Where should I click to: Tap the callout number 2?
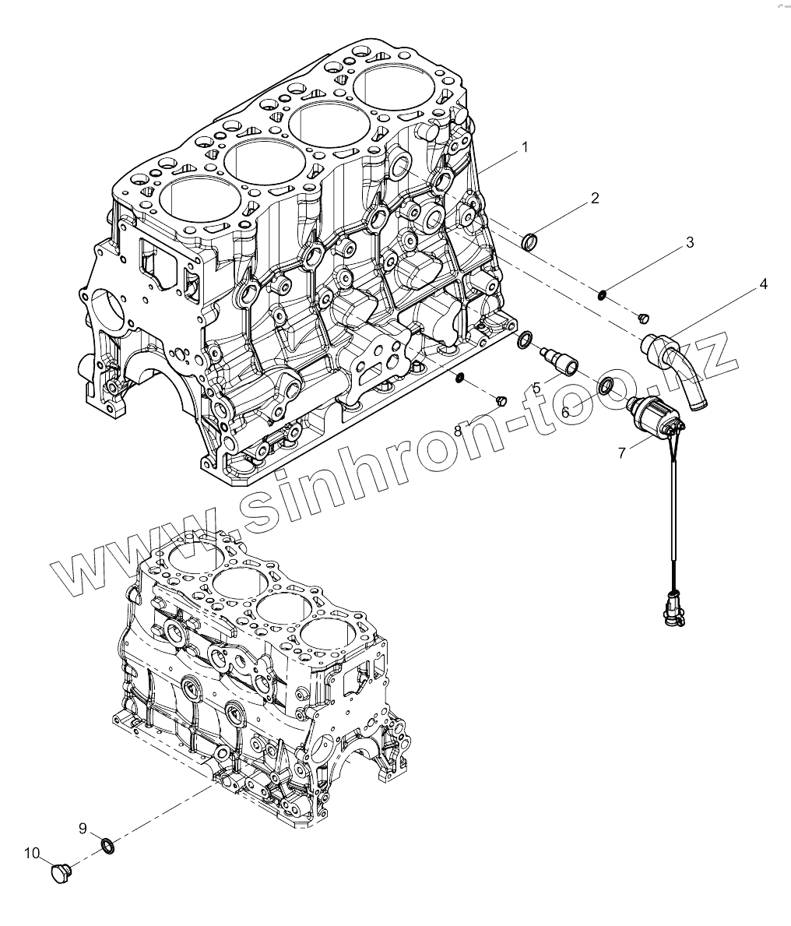pos(595,199)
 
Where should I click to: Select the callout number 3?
pos(690,243)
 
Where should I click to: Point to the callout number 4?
pos(763,284)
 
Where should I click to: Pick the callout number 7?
pos(621,452)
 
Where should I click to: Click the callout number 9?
pos(83,828)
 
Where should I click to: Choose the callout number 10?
pos(31,853)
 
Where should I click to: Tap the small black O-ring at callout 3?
pos(602,294)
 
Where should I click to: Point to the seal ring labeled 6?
pos(606,385)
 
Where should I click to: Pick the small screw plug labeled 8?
pos(501,400)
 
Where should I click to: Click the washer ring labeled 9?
pos(109,845)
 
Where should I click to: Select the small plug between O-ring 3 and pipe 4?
pos(644,317)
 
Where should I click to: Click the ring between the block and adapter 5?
pos(526,340)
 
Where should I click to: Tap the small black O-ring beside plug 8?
pos(460,378)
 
